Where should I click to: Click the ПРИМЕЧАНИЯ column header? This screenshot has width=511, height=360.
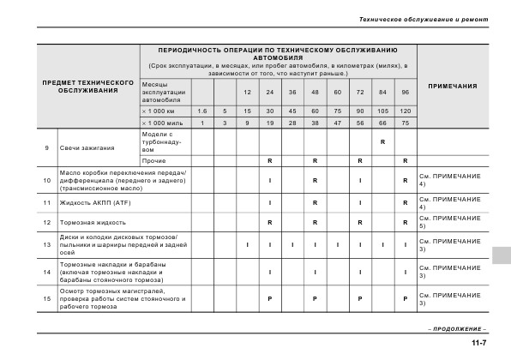(452, 87)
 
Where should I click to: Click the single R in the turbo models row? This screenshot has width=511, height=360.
(382, 141)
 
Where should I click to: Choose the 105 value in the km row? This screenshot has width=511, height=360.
(382, 111)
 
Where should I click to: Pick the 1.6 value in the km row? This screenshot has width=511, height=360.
(202, 111)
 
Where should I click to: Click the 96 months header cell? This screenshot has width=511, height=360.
(405, 92)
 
